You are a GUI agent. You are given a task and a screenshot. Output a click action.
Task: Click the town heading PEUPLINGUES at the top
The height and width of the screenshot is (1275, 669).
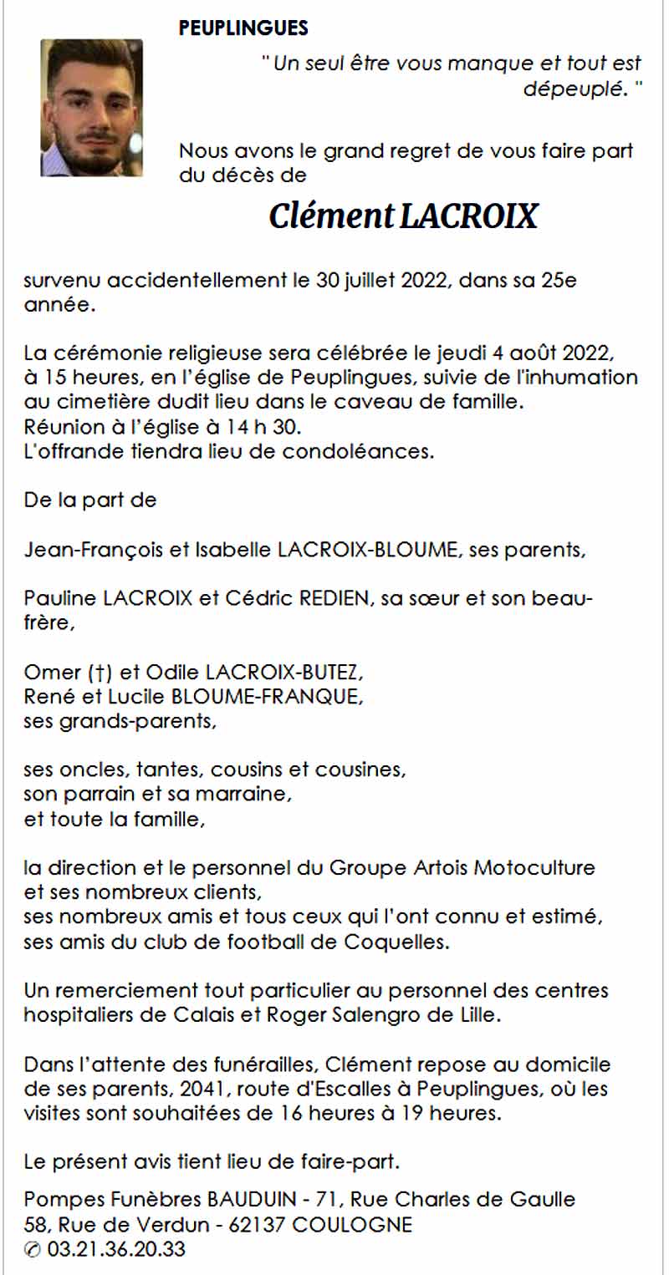[x=243, y=28]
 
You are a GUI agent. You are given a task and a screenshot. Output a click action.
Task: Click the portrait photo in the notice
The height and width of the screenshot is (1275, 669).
[x=91, y=108]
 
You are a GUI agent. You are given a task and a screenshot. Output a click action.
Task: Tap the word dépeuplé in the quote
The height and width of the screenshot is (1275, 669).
[x=574, y=89]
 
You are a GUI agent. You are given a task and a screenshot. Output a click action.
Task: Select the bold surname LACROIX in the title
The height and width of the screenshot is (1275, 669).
[x=469, y=216]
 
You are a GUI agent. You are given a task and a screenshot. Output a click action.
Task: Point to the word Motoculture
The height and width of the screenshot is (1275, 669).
[x=534, y=867]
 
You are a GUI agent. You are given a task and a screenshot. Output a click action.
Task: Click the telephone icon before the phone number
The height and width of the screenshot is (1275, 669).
[x=33, y=1251]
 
